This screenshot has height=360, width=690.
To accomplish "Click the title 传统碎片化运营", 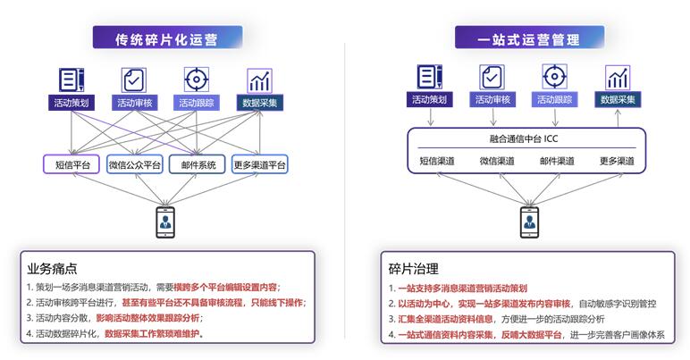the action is (x=166, y=39).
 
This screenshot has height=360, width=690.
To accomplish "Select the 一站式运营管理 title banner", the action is (x=529, y=38).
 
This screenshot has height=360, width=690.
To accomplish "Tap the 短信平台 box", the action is (x=72, y=164).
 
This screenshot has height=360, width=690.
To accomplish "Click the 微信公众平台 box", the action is (x=135, y=164).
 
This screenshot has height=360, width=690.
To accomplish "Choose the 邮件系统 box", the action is (x=198, y=164).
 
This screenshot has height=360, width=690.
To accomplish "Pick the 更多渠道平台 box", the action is (x=259, y=164).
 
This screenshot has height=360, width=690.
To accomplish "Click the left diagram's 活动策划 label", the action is (x=71, y=103).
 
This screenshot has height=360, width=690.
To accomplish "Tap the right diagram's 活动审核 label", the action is (x=492, y=99).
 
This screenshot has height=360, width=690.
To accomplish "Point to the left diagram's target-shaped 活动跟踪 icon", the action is (x=197, y=80).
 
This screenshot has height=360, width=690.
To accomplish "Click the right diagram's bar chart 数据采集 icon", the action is (x=618, y=78).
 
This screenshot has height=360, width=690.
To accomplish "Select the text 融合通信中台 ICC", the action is (x=524, y=138).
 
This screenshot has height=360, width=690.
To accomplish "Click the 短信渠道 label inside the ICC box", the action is (x=436, y=161).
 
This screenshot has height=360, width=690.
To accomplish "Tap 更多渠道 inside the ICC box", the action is (x=617, y=161).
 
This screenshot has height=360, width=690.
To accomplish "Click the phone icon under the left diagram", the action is (x=165, y=222).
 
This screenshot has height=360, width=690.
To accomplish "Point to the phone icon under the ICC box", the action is (x=529, y=222).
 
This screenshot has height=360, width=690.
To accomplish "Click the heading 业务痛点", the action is (x=52, y=268).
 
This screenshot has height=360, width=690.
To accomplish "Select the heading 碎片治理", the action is (x=413, y=269).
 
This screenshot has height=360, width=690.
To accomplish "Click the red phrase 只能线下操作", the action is (x=277, y=303).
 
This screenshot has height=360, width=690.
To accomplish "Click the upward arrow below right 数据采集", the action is (x=618, y=118).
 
